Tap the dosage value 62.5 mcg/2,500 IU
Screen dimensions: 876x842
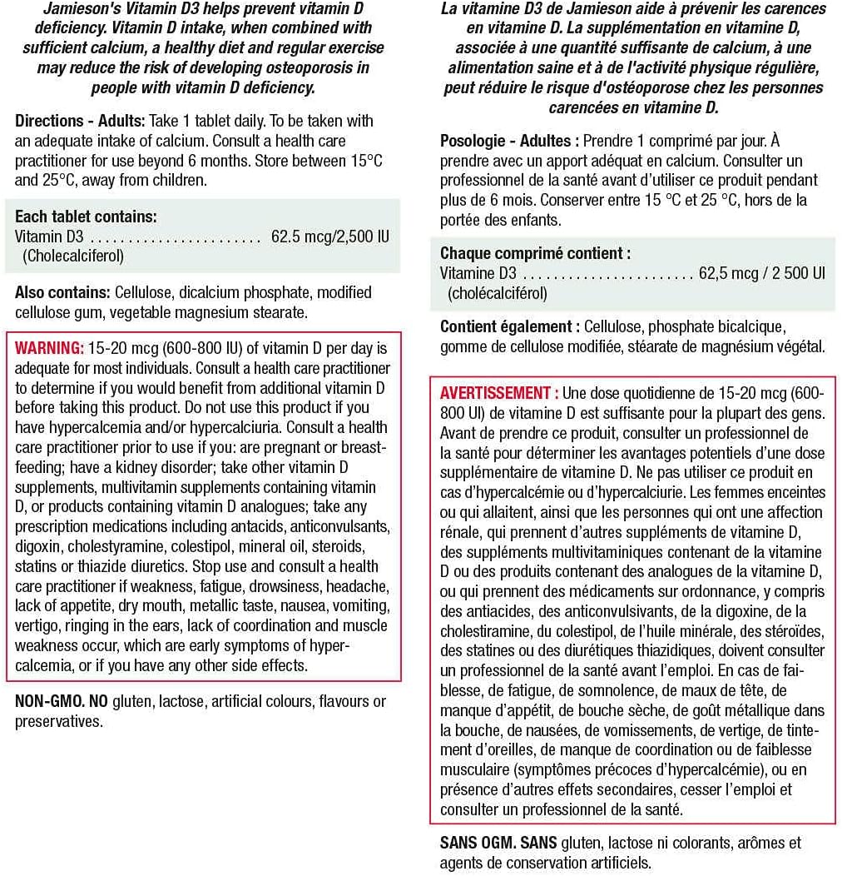(x=329, y=237)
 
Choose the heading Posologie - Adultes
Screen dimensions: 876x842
(x=505, y=141)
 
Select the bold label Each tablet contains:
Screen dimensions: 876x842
(x=86, y=217)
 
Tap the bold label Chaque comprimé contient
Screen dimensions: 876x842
(x=535, y=254)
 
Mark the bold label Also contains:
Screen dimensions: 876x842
(x=62, y=293)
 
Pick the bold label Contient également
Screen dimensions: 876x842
(x=510, y=327)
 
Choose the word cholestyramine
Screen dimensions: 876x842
(x=121, y=547)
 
